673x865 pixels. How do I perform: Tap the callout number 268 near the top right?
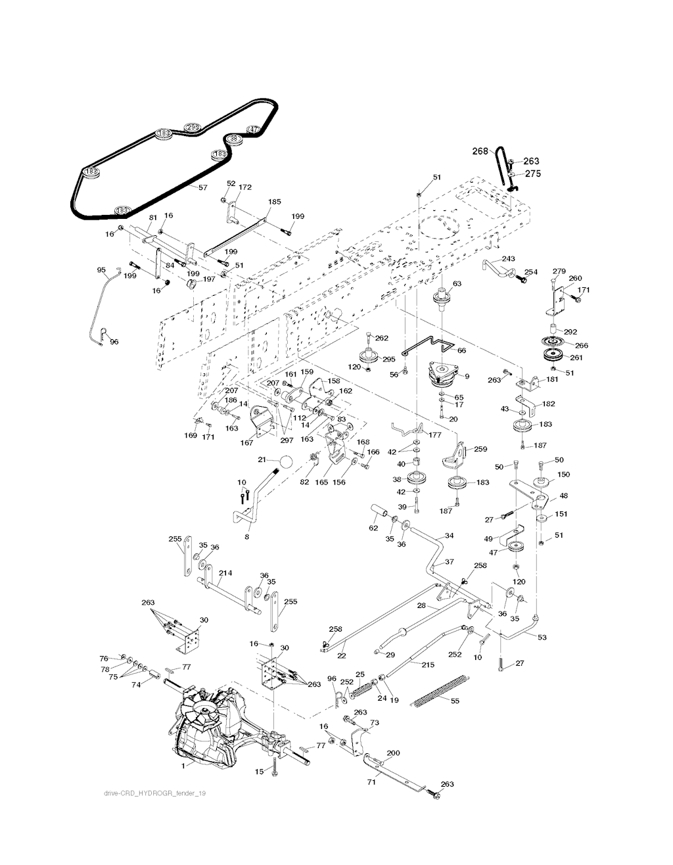click(x=480, y=151)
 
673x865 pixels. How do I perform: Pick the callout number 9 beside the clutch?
click(x=466, y=377)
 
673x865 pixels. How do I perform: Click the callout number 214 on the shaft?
click(x=225, y=573)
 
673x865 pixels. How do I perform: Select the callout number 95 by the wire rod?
click(x=101, y=269)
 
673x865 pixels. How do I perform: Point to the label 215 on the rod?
click(x=427, y=665)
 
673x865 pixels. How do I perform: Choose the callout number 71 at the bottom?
click(x=371, y=783)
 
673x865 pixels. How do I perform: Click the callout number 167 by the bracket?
click(x=246, y=442)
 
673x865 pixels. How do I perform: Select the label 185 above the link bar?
click(x=275, y=202)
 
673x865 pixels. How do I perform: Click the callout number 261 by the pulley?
click(x=576, y=358)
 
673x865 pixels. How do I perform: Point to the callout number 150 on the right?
click(x=563, y=474)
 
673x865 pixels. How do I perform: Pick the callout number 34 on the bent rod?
click(x=449, y=536)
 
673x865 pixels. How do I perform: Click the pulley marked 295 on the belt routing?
click(x=192, y=127)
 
